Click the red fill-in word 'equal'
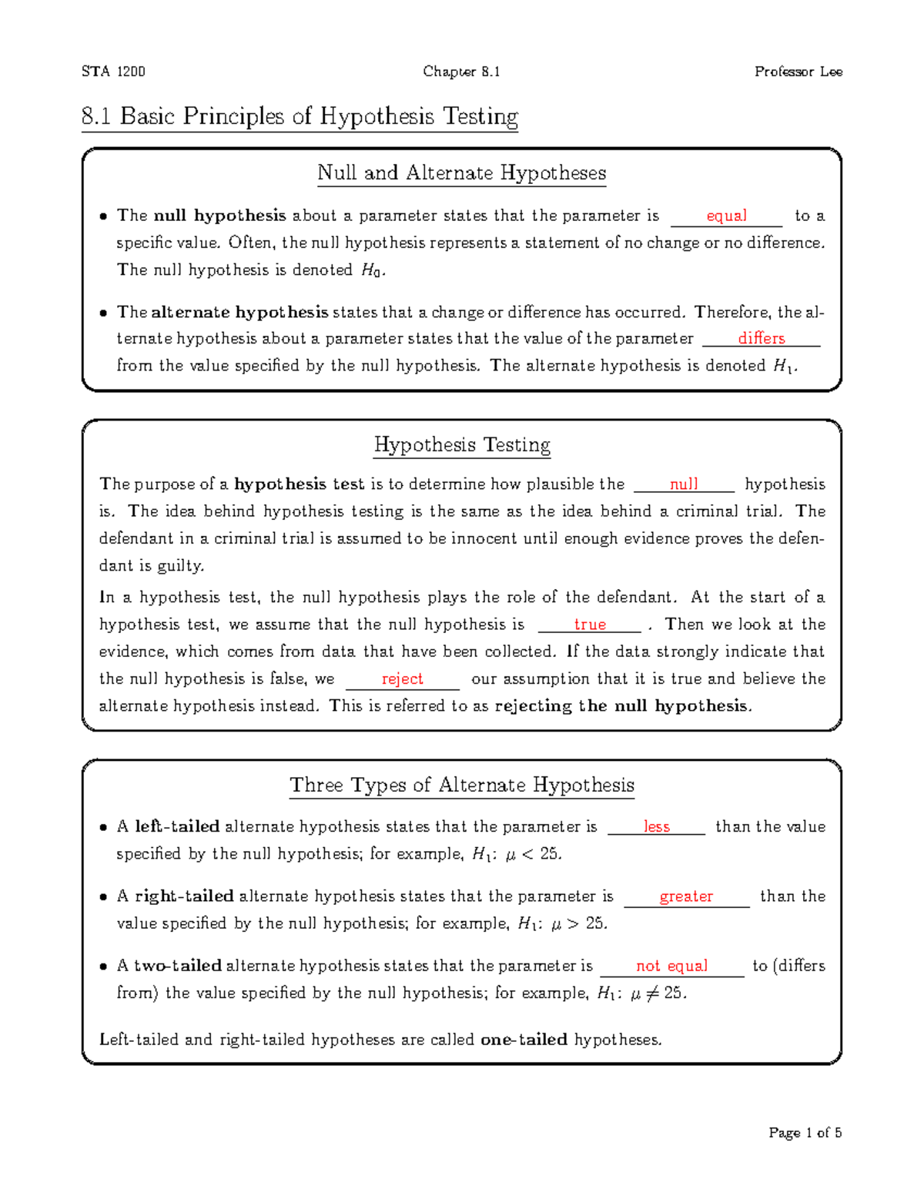[x=726, y=216]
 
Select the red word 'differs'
[x=761, y=338]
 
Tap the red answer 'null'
[x=683, y=484]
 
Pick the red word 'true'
[x=590, y=625]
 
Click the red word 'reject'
[x=402, y=678]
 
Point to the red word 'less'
[x=656, y=826]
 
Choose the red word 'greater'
[x=686, y=896]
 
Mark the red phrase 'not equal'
[x=671, y=966]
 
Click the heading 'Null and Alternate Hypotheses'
[x=461, y=173]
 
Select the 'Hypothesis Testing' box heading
[x=461, y=445]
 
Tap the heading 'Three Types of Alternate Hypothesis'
[x=461, y=785]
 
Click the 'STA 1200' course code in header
[x=113, y=72]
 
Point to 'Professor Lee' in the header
[x=798, y=72]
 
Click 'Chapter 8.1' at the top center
[x=461, y=72]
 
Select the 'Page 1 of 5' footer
[x=805, y=1133]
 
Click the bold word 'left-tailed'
[x=177, y=826]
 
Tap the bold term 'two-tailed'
[x=178, y=966]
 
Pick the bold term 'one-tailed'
[x=524, y=1040]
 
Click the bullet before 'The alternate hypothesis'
[x=102, y=313]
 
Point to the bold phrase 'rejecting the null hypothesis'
[x=621, y=706]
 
